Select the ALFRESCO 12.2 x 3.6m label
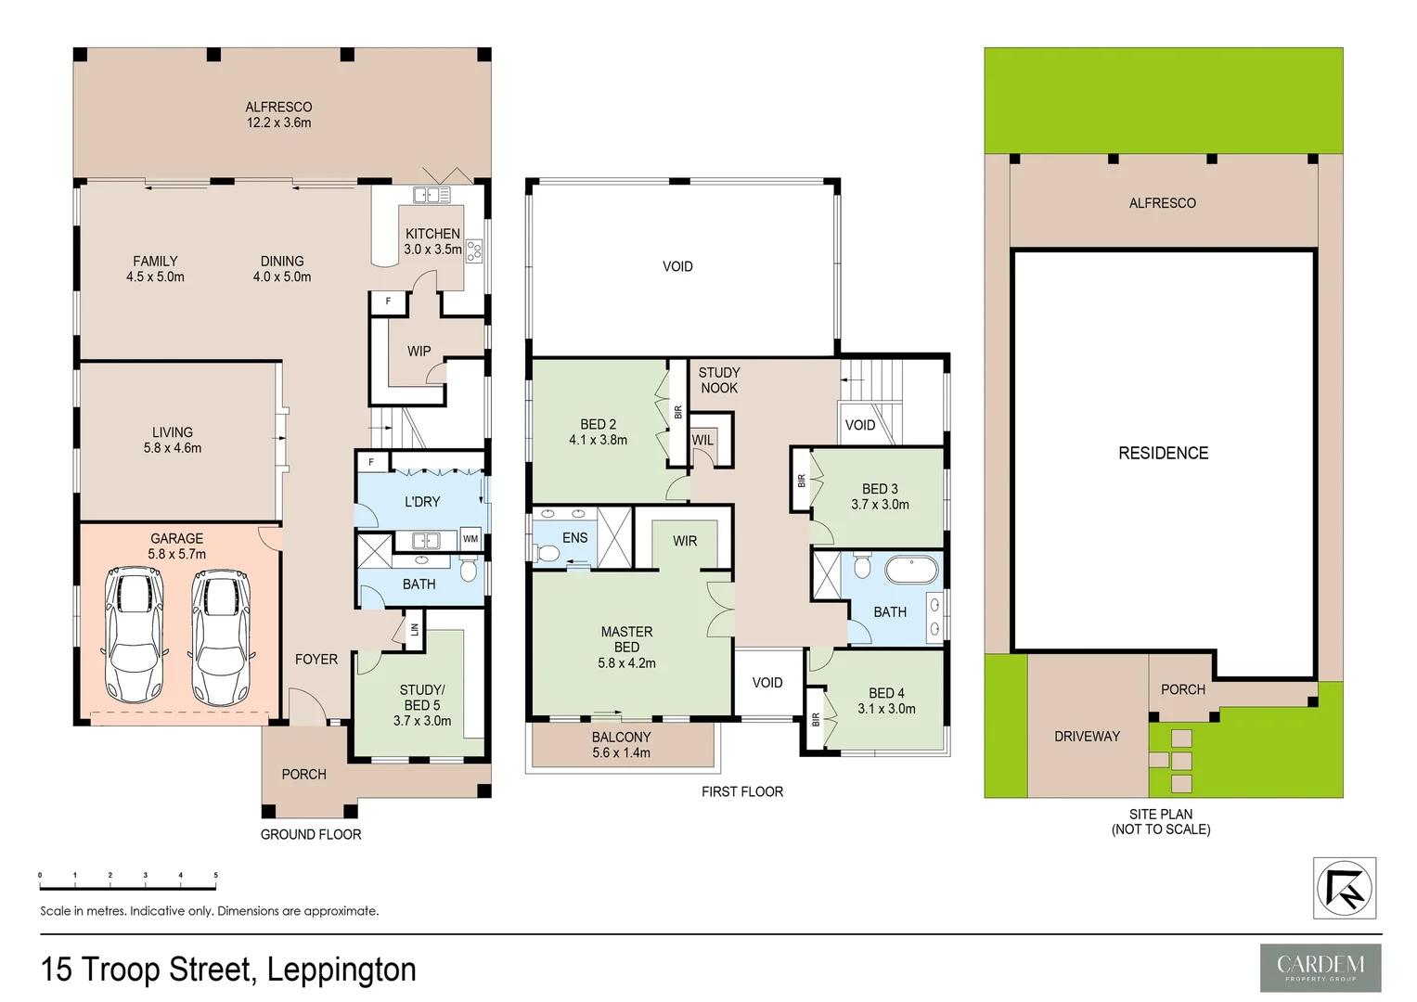point(278,114)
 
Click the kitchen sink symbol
point(432,195)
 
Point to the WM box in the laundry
point(470,539)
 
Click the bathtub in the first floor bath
point(911,569)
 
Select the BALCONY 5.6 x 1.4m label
point(621,745)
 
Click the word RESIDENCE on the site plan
point(1163,453)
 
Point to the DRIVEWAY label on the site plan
point(1087,736)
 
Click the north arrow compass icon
point(1345,889)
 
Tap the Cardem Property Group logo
point(1320,968)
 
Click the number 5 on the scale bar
point(215,875)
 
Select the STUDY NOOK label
point(719,379)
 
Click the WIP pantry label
point(419,351)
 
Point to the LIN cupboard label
point(414,629)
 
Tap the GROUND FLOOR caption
point(310,834)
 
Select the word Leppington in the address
point(341,970)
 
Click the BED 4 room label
point(886,700)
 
